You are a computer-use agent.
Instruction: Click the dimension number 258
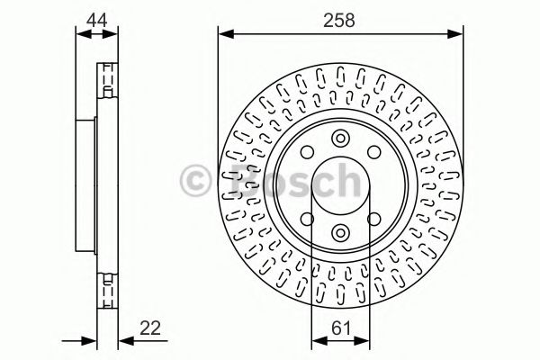(x=339, y=18)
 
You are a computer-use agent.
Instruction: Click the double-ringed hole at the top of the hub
(x=340, y=139)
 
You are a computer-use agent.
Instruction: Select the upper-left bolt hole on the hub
(x=307, y=153)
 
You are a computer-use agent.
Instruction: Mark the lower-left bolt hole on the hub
(x=307, y=219)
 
